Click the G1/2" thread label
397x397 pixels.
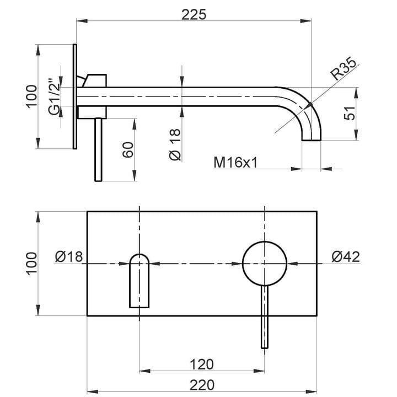[53, 98]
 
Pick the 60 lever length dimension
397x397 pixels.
[128, 149]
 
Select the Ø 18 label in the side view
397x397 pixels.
[174, 144]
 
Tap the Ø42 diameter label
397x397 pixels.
[346, 256]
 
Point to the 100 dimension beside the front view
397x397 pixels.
[31, 263]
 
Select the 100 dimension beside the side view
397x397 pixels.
[31, 95]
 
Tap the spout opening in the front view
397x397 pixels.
[139, 280]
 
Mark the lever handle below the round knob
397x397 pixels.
[265, 317]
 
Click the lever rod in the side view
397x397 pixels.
[98, 149]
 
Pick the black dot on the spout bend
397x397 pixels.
[310, 104]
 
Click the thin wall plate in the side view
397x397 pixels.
[74, 95]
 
